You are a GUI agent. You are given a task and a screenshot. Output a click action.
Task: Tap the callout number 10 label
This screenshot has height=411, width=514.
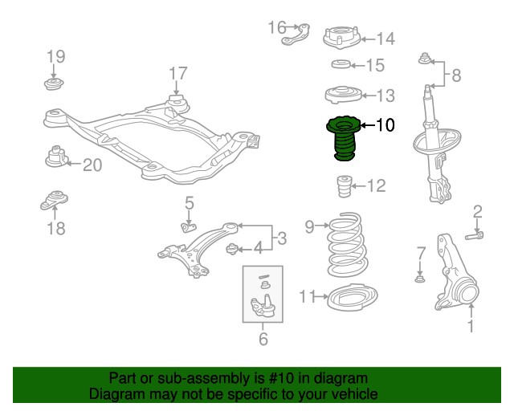(x=385, y=125)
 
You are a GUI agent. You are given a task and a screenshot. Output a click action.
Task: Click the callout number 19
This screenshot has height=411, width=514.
(x=55, y=56)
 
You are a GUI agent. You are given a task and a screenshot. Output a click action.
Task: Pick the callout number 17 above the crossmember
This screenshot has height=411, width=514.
(x=177, y=75)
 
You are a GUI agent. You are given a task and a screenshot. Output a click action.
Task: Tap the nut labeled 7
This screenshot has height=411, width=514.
(x=419, y=279)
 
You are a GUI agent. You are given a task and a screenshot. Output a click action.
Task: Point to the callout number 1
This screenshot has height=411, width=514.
(x=471, y=326)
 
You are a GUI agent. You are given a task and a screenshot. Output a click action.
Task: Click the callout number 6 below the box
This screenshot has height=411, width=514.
(x=263, y=340)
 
